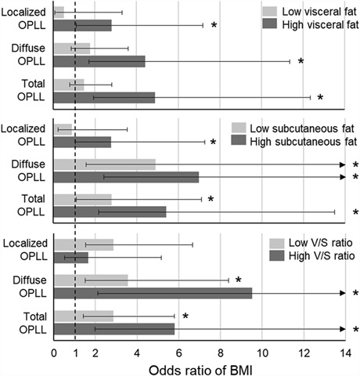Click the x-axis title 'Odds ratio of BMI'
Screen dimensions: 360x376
pos(200,370)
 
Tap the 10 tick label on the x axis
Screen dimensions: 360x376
pos(262,353)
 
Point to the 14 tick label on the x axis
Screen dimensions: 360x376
pos(345,353)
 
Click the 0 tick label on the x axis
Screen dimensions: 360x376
pos(54,353)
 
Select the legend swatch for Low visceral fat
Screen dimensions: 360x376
pos(269,12)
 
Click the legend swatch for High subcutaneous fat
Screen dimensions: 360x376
pos(239,140)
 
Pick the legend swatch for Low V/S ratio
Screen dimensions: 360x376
pos(277,243)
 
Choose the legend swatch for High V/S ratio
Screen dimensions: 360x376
pos(277,255)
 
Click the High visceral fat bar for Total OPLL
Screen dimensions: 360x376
pos(104,98)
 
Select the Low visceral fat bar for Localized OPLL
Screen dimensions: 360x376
pos(59,13)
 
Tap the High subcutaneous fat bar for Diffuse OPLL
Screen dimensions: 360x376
pos(126,177)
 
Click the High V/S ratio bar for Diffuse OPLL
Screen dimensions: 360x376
pos(153,293)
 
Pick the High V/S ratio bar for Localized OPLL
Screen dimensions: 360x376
pos(71,258)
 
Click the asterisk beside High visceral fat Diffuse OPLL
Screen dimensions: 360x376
pos(301,61)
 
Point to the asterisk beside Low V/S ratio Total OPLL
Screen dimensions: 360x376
pos(185,316)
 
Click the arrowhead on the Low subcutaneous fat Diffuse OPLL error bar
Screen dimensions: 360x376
pos(343,164)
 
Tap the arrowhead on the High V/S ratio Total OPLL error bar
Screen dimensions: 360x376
pos(343,329)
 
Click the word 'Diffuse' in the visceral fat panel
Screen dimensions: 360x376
pos(28,49)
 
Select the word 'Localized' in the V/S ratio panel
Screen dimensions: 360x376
pos(25,244)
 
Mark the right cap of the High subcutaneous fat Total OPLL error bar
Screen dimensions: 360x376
pos(334,212)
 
